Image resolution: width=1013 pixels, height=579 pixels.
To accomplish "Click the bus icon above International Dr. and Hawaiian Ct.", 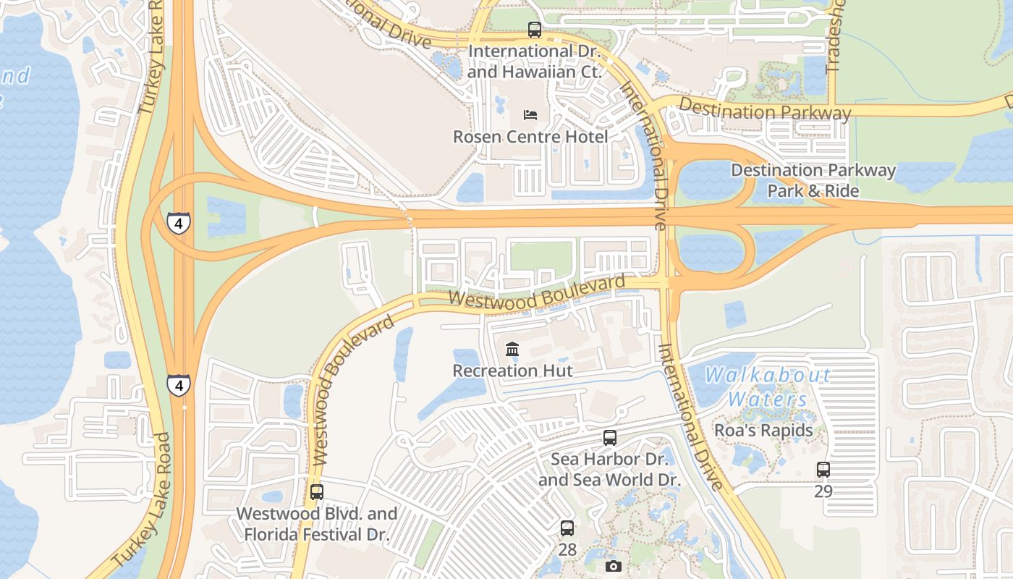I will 534,30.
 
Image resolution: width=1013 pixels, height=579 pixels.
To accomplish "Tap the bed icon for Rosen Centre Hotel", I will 530,115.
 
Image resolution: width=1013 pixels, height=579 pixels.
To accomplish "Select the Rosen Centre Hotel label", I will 530,136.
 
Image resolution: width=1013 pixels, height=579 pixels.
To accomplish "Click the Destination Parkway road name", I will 765,111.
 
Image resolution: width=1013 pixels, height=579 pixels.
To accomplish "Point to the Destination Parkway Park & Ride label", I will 813,181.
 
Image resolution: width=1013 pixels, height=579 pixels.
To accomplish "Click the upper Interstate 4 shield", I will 179,222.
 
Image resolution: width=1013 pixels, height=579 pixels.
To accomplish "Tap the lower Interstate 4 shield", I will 179,384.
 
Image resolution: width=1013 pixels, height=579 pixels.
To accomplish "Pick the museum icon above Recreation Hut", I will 512,350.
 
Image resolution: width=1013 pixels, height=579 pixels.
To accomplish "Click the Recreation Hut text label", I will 512,371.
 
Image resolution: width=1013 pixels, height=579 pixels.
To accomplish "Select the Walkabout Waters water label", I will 768,387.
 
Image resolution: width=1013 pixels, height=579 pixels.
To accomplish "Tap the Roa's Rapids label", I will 763,430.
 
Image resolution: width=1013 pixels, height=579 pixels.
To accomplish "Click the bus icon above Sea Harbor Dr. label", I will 610,438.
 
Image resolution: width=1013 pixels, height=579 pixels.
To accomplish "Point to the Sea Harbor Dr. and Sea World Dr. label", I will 609,469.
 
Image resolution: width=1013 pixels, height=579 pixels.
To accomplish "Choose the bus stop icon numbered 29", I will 823,470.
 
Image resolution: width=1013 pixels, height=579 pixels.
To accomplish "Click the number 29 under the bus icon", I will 823,491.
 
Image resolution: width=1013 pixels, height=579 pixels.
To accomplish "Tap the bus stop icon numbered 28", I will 567,528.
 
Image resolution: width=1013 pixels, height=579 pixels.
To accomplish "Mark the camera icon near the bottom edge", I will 614,566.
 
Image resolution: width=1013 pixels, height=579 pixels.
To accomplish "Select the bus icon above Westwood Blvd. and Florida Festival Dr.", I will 317,492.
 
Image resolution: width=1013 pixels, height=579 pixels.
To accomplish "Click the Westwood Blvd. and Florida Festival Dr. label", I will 317,524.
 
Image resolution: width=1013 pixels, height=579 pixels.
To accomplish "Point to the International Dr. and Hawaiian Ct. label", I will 534,62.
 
